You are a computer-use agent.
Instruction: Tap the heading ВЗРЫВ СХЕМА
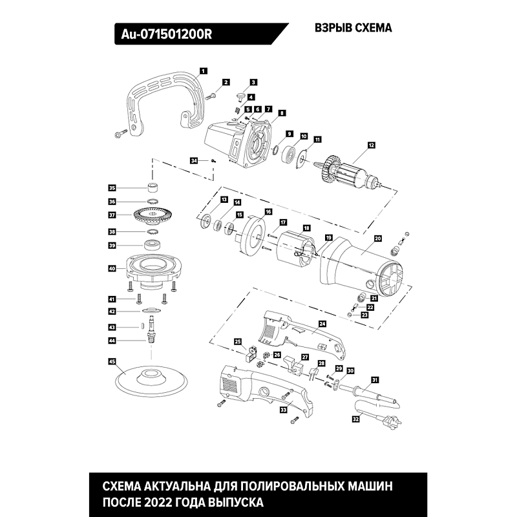tap(353, 29)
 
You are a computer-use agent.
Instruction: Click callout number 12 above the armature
tap(371, 146)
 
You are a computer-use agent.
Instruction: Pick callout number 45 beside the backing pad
tap(112, 362)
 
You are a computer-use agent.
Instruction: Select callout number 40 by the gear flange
tap(112, 268)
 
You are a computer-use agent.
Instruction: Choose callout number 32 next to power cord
tap(355, 419)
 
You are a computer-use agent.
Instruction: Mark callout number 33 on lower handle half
tap(283, 410)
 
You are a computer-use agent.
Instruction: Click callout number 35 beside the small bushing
tap(112, 188)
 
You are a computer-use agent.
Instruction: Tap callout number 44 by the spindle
tap(112, 340)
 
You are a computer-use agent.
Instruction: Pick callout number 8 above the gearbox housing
tap(281, 112)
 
